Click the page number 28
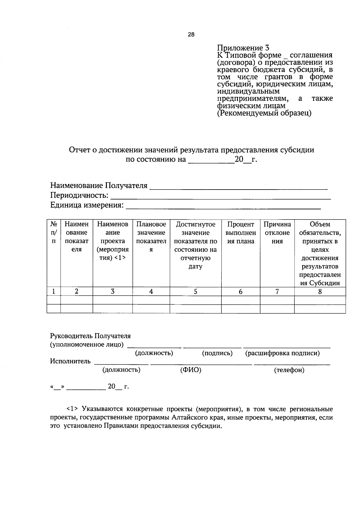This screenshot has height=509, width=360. pos(191,34)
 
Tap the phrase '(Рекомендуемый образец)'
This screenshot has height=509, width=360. pos(264,113)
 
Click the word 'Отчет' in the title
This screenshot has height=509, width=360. pos(79,150)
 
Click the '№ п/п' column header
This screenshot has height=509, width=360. pos(54,232)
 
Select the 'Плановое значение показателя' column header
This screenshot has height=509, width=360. pos(151,237)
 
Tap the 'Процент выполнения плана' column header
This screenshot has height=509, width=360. pos(241,233)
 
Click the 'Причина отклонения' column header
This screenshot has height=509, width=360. pos(277,233)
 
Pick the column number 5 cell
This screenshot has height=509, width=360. pos(196,291)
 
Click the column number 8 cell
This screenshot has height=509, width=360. pos(320,291)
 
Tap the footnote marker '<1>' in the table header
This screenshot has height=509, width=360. pos(120,258)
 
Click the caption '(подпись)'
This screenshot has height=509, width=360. pos(217,353)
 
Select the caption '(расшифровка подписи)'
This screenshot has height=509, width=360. pos(282,353)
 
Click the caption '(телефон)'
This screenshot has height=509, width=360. pos(289,370)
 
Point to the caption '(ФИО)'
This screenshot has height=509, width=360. pos(190,370)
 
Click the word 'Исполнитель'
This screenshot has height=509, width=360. pos(70,361)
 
